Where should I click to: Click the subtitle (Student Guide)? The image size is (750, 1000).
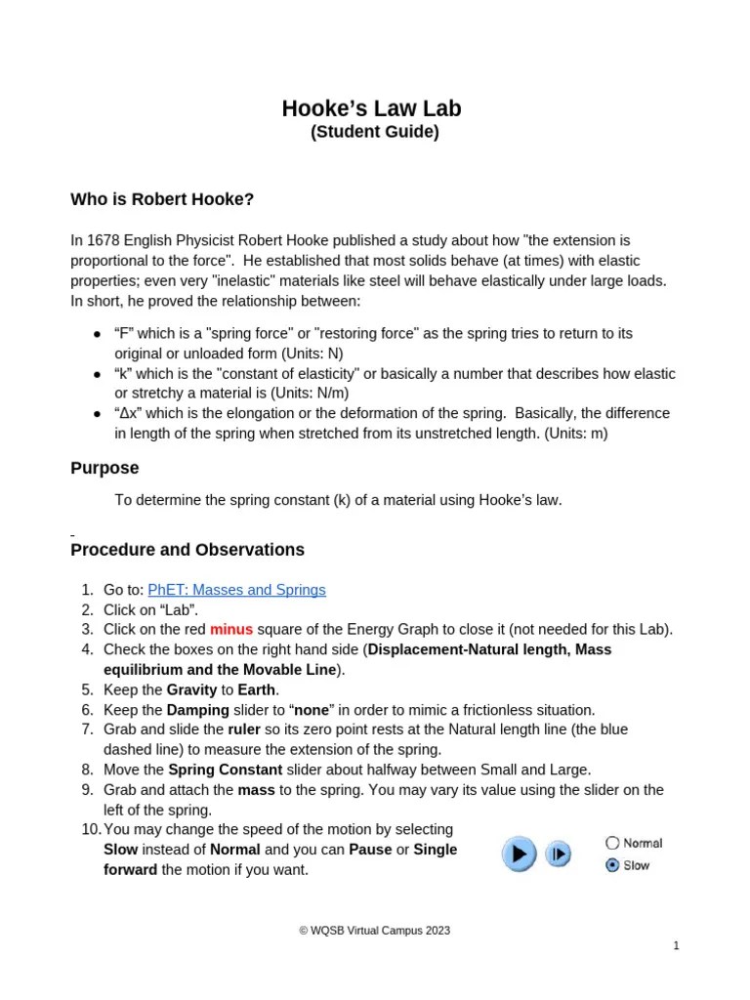pyautogui.click(x=374, y=132)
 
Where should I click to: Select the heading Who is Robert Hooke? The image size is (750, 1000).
pyautogui.click(x=162, y=199)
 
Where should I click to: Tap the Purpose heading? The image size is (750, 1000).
pyautogui.click(x=104, y=468)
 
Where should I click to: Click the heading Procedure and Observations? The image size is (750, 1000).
pyautogui.click(x=187, y=550)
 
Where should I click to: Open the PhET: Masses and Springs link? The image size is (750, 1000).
pyautogui.click(x=236, y=590)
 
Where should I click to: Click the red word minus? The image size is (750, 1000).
pyautogui.click(x=231, y=629)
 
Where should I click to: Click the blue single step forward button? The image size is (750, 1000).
pyautogui.click(x=558, y=854)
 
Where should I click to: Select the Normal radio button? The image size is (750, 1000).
pyautogui.click(x=612, y=843)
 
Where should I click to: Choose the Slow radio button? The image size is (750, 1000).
pyautogui.click(x=612, y=865)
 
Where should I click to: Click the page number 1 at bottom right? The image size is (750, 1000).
pyautogui.click(x=675, y=945)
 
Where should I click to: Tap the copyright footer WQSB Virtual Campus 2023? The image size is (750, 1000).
pyautogui.click(x=374, y=931)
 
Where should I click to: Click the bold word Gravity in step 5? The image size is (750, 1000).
pyautogui.click(x=192, y=689)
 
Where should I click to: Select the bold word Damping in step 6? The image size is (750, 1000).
pyautogui.click(x=198, y=710)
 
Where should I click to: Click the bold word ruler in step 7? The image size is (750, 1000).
pyautogui.click(x=244, y=729)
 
